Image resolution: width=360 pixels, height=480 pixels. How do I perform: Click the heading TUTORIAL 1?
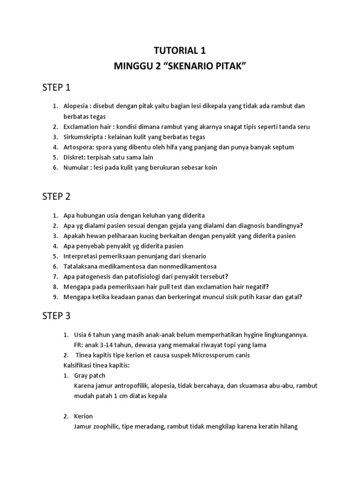(180, 50)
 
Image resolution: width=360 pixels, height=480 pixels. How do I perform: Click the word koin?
(210, 167)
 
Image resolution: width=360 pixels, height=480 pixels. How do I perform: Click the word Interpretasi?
(82, 256)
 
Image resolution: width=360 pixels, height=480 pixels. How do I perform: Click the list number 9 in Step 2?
(54, 296)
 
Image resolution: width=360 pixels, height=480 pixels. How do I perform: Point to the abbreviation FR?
(78, 345)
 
